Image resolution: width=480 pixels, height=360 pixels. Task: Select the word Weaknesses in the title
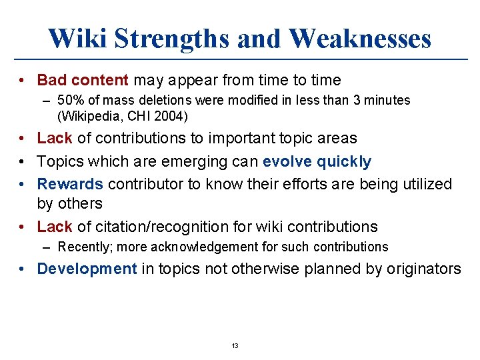click(x=360, y=38)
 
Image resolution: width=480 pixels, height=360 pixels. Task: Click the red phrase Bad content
click(x=83, y=81)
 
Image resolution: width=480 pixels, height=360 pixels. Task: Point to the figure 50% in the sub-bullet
click(x=71, y=101)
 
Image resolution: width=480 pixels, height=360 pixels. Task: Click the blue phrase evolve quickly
click(x=317, y=162)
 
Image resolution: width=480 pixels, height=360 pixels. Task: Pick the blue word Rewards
click(x=70, y=184)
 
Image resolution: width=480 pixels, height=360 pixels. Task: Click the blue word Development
click(x=87, y=269)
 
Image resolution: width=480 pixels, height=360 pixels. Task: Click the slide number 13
click(x=235, y=345)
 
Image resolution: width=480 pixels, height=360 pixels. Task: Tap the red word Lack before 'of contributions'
click(x=55, y=139)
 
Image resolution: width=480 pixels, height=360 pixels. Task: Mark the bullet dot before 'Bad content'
click(x=23, y=81)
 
